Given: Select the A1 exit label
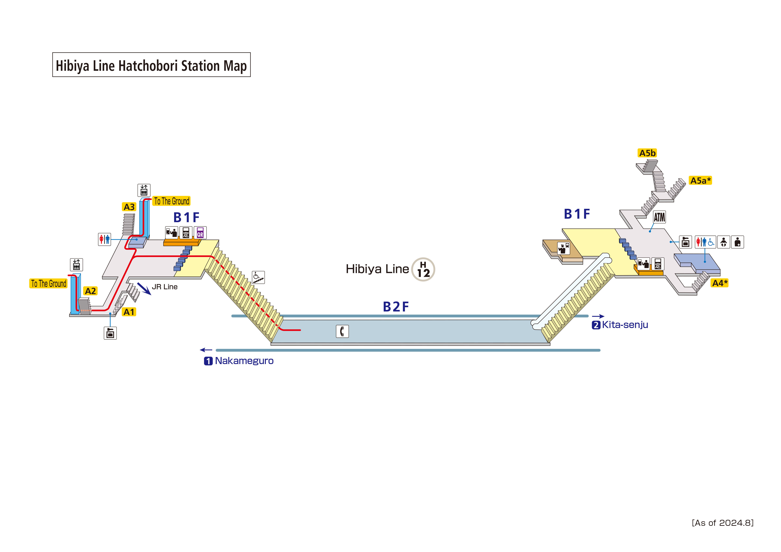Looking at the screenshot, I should [129, 312].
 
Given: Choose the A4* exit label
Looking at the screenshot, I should [719, 283].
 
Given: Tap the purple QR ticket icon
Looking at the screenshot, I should [200, 233].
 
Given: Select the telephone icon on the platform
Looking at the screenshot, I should [342, 331].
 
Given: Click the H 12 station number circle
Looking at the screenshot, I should [423, 269].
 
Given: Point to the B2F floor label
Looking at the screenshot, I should [396, 307].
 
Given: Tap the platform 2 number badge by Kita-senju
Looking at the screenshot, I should [596, 325].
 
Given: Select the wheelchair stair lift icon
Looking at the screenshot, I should [258, 277].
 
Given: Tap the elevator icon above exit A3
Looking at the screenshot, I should [144, 190].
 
